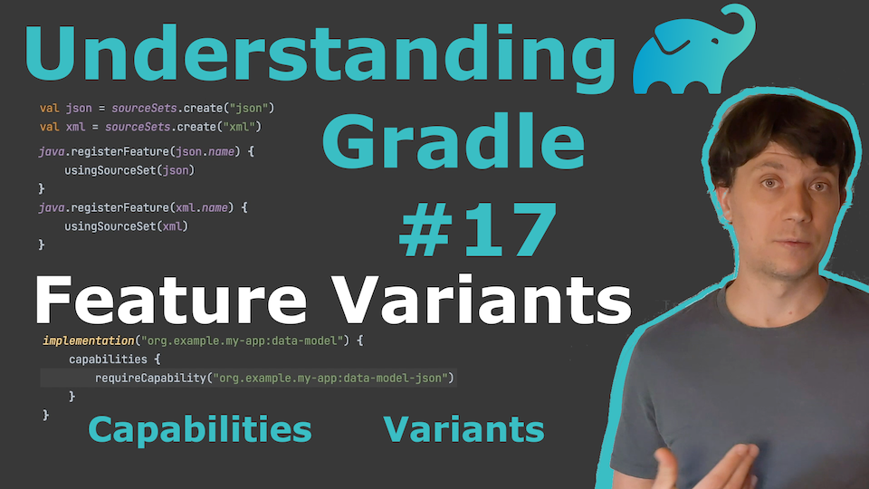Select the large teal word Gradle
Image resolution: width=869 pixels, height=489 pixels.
[x=454, y=141]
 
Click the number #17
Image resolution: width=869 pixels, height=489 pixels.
[x=478, y=229]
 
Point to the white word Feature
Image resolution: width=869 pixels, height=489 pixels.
[x=170, y=300]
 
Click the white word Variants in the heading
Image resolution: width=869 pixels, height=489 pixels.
[x=484, y=300]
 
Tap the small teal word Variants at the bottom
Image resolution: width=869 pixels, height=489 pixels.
[x=463, y=429]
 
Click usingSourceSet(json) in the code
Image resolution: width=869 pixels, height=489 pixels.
[x=129, y=170]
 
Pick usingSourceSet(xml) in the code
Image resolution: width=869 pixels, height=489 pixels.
[x=127, y=226]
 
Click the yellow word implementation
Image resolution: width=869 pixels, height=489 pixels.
[x=89, y=340]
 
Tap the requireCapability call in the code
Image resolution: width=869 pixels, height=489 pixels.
[x=275, y=379]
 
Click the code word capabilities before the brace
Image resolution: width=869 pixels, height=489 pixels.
[x=108, y=360]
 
